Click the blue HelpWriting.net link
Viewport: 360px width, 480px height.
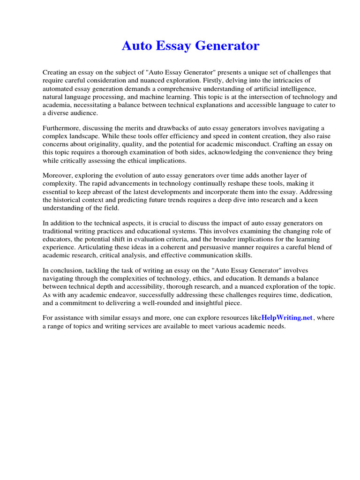286,317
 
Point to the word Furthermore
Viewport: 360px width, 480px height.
63,128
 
